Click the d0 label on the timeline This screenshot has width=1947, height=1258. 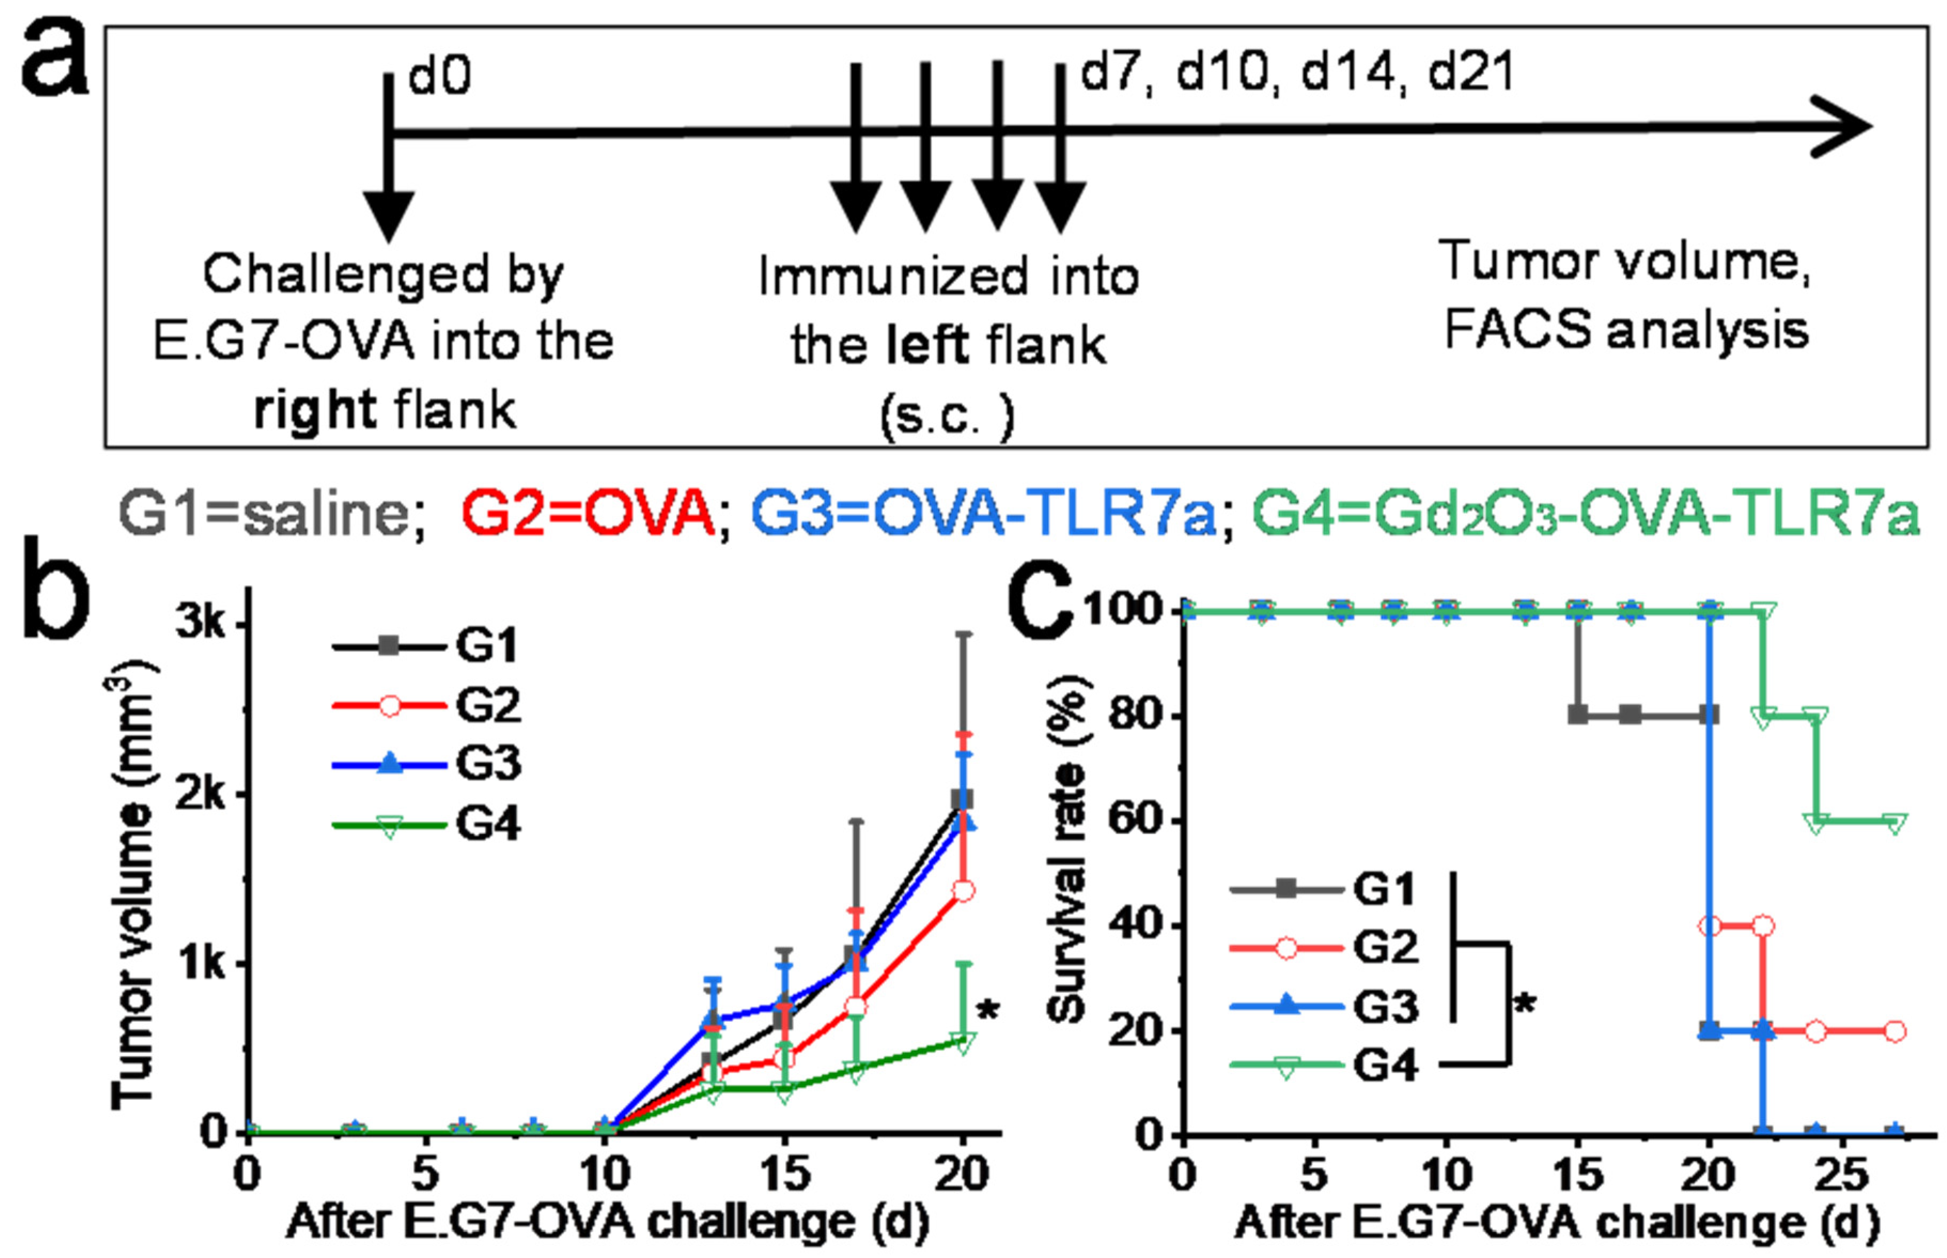pos(439,77)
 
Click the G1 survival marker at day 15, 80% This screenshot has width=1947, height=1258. pos(1578,715)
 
